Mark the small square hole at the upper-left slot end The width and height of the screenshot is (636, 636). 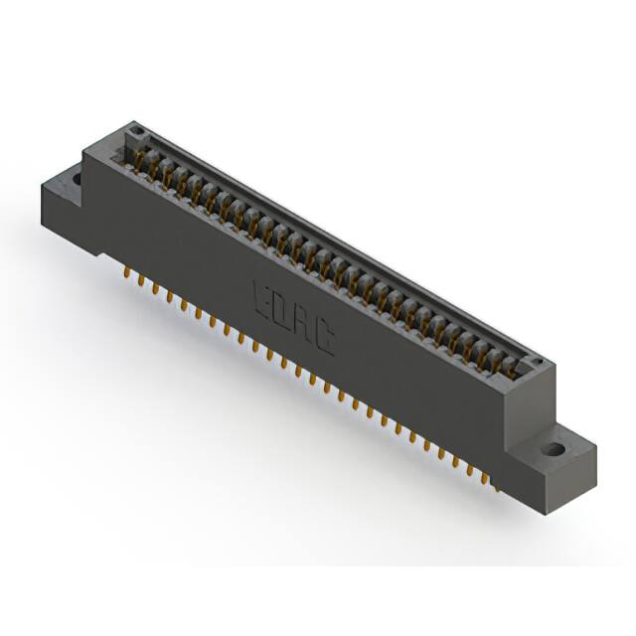coord(137,132)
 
